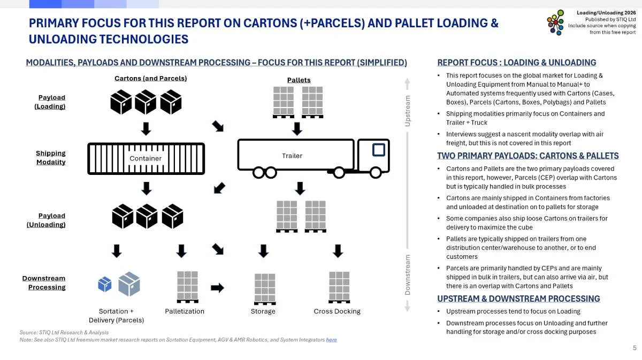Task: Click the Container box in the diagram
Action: [x=146, y=158]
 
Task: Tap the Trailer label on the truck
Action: [x=292, y=156]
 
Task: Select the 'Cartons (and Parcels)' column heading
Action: [x=150, y=78]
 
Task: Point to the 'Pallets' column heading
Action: [x=299, y=80]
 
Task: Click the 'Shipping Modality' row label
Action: [x=51, y=157]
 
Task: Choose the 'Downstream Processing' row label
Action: [x=44, y=282]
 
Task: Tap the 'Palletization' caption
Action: [x=185, y=311]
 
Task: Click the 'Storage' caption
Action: [x=263, y=311]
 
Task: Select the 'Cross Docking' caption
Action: [x=337, y=311]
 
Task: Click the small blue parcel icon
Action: [x=104, y=284]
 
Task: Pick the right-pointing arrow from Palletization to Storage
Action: [x=218, y=288]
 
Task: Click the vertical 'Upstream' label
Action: [x=408, y=111]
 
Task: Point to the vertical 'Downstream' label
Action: [x=408, y=274]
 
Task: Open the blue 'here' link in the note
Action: [x=332, y=340]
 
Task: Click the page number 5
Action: [x=635, y=348]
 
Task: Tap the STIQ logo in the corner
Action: [x=555, y=22]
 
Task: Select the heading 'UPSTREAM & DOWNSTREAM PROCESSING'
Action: [x=518, y=298]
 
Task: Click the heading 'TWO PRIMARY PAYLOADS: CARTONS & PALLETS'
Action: [x=528, y=156]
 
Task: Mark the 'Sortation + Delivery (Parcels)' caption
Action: [x=116, y=315]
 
